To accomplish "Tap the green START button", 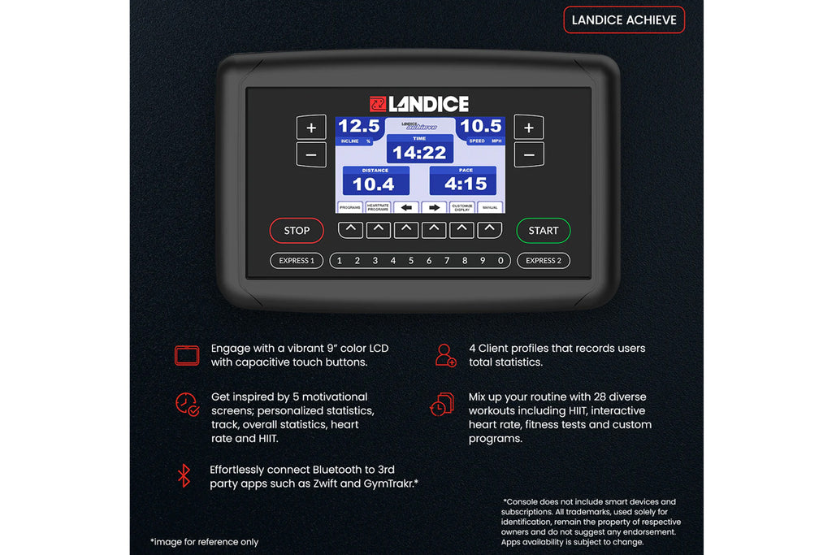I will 543,231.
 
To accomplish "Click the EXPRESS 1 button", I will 297,261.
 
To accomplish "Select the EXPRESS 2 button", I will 544,261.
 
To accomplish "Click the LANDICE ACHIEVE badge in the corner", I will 624,20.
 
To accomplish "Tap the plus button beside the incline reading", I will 311,128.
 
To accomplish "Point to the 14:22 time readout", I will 419,152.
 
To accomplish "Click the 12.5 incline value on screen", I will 358,126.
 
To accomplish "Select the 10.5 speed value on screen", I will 481,126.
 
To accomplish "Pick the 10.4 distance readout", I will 374,184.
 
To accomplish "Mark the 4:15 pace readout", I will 466,184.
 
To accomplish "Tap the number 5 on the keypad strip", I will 411,261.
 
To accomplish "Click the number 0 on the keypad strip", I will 500,261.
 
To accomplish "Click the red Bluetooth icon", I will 184,475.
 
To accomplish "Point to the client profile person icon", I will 445,355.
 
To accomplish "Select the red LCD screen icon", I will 186,355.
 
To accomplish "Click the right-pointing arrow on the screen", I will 435,207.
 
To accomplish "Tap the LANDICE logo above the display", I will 419,104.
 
